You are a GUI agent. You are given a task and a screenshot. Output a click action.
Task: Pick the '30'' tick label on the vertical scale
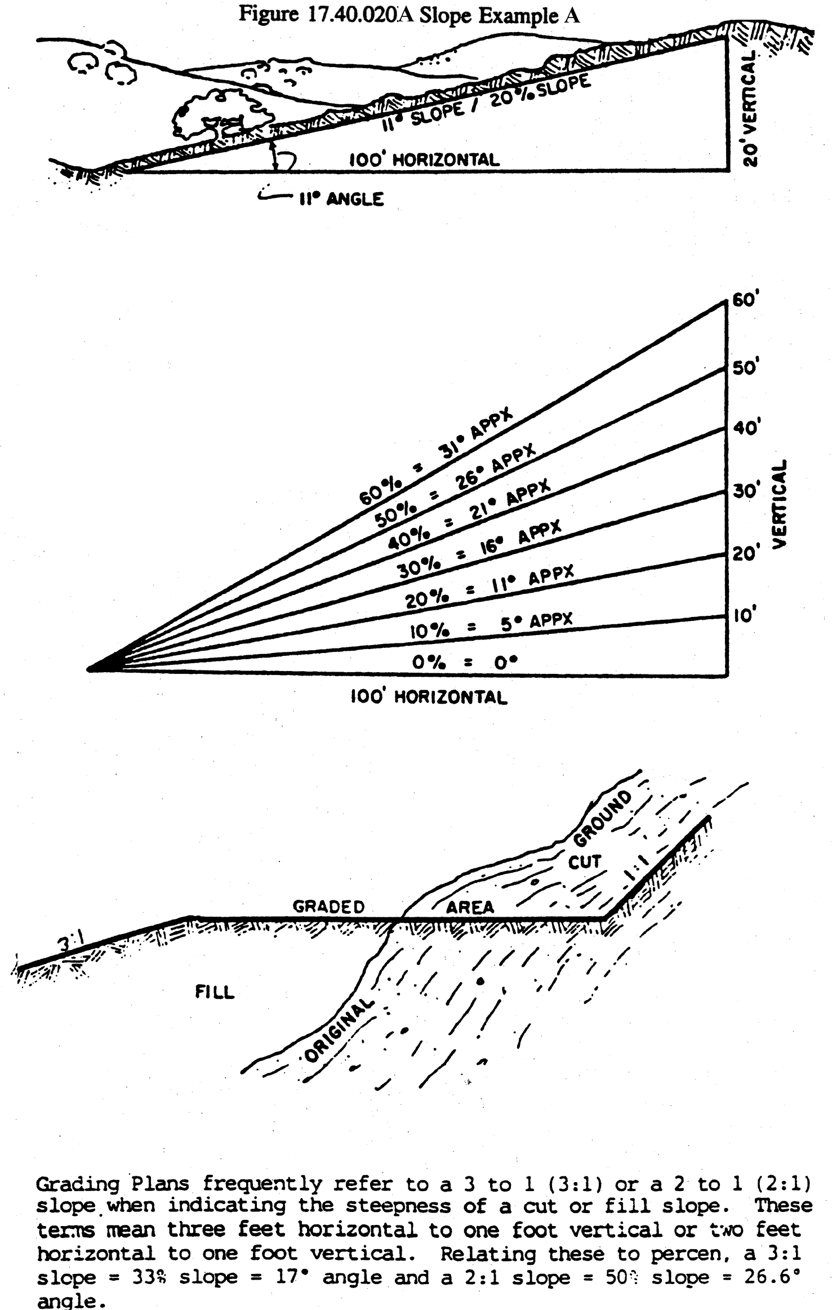pyautogui.click(x=746, y=491)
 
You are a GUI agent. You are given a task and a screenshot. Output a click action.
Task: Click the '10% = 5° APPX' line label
pyautogui.click(x=491, y=625)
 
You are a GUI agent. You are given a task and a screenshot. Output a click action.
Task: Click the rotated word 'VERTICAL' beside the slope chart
pyautogui.click(x=780, y=504)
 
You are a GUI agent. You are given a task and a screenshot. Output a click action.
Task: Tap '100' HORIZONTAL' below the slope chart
pyautogui.click(x=429, y=698)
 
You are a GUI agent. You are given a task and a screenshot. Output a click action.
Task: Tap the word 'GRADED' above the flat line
pyautogui.click(x=328, y=907)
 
